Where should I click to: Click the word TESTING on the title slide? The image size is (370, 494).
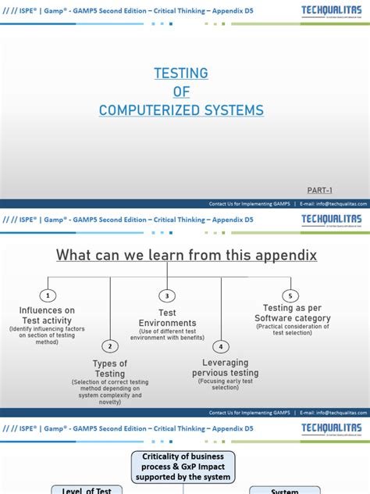point(182,73)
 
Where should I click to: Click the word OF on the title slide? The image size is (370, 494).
point(182,91)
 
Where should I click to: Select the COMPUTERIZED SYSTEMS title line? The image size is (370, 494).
point(181,110)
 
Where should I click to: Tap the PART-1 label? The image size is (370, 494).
point(321,190)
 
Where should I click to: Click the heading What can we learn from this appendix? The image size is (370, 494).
point(186,256)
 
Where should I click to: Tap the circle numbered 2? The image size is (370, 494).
point(110,346)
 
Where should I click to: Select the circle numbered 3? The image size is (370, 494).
point(166,295)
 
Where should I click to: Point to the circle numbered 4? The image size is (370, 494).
point(221,346)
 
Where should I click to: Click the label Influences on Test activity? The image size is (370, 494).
point(47,315)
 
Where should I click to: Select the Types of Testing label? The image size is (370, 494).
point(110,368)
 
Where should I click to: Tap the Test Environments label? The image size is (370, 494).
point(166,317)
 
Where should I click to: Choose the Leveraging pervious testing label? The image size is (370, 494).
point(226,368)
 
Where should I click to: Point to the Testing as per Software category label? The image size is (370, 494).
point(293,313)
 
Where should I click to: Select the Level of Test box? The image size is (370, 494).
point(82,490)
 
